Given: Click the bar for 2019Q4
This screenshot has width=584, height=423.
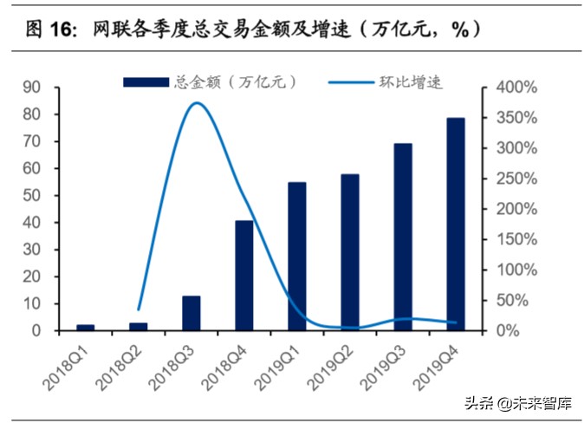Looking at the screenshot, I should [456, 225].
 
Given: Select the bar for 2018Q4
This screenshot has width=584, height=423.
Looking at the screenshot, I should [244, 276].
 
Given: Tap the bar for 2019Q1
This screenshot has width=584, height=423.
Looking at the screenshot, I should [297, 257].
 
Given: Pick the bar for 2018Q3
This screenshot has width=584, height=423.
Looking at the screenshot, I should [191, 313].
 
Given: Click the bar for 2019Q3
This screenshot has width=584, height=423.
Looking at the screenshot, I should [403, 237].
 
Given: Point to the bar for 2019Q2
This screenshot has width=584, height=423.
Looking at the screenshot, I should [350, 252].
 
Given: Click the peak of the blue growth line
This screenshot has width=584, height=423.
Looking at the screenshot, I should [197, 103].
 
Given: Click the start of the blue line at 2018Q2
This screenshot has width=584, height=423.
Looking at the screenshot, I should [139, 309].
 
